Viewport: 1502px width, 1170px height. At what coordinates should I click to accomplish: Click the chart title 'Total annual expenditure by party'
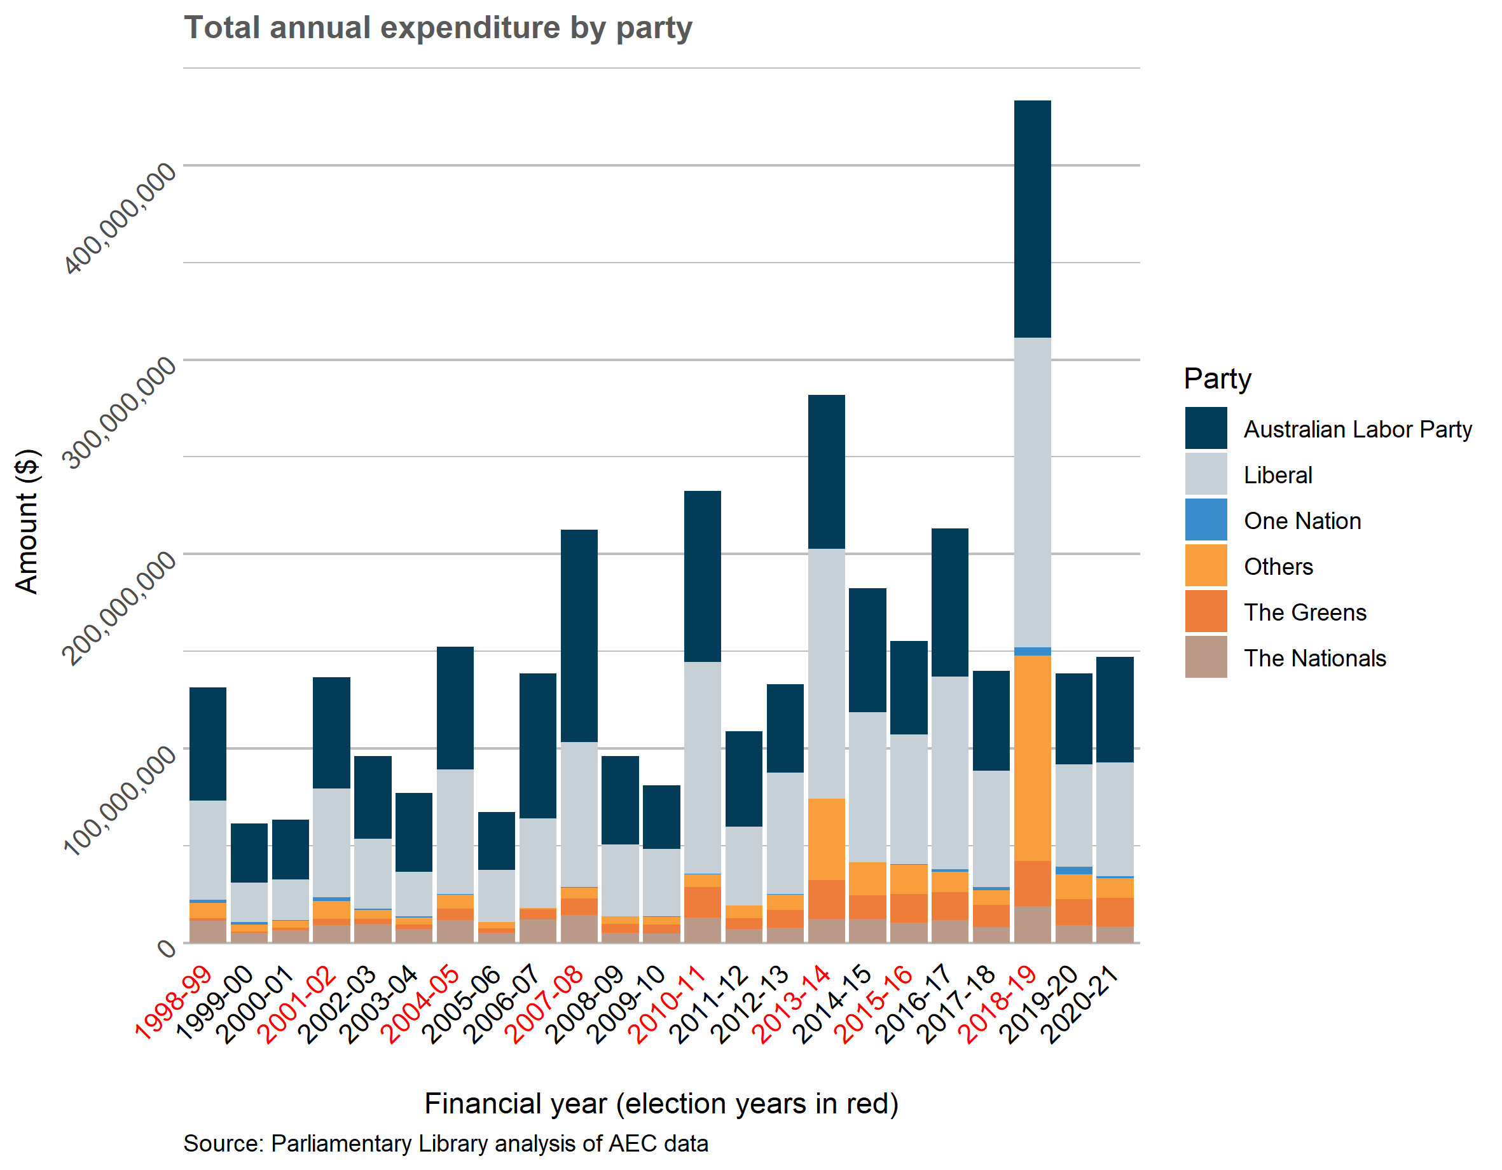(x=438, y=28)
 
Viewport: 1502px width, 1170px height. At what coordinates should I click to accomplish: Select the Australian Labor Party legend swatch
(x=1205, y=429)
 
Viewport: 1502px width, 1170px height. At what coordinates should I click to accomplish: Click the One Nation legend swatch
(x=1205, y=520)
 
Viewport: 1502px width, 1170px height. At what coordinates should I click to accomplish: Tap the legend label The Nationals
(x=1314, y=658)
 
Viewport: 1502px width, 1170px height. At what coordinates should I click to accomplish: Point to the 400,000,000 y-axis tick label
(x=120, y=219)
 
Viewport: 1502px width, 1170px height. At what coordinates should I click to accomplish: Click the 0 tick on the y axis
(x=167, y=949)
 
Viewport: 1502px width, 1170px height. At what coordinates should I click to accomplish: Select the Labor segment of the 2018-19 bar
(x=1032, y=219)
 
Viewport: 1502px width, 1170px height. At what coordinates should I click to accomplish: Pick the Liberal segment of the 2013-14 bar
(x=826, y=673)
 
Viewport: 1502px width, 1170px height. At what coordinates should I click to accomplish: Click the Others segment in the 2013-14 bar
(x=826, y=839)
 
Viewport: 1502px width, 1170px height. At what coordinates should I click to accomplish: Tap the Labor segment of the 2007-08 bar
(x=579, y=636)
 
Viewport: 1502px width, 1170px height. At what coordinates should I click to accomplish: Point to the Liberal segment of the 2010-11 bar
(x=702, y=767)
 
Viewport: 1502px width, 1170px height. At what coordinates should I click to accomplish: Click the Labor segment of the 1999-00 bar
(x=249, y=853)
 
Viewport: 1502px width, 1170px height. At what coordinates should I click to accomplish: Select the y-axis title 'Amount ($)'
(x=27, y=521)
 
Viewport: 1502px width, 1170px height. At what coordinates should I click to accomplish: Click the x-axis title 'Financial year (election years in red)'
(x=661, y=1103)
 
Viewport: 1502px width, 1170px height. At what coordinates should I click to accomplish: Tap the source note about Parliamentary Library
(x=446, y=1143)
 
